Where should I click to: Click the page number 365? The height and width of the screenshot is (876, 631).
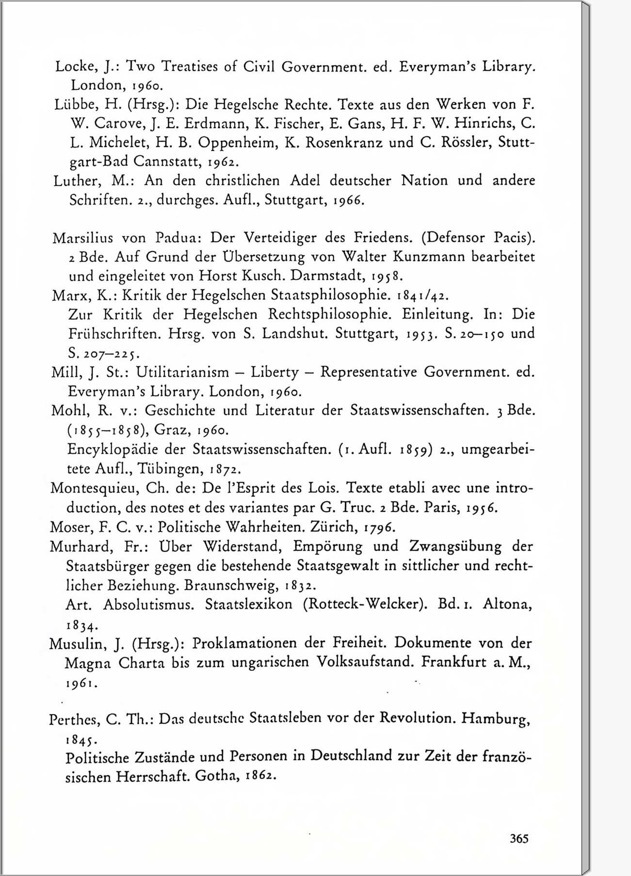coord(518,838)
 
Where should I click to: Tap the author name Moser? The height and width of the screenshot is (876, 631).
coord(69,527)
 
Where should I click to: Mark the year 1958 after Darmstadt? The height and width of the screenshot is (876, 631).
coord(387,276)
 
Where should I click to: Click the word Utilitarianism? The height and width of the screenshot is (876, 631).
coord(182,372)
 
